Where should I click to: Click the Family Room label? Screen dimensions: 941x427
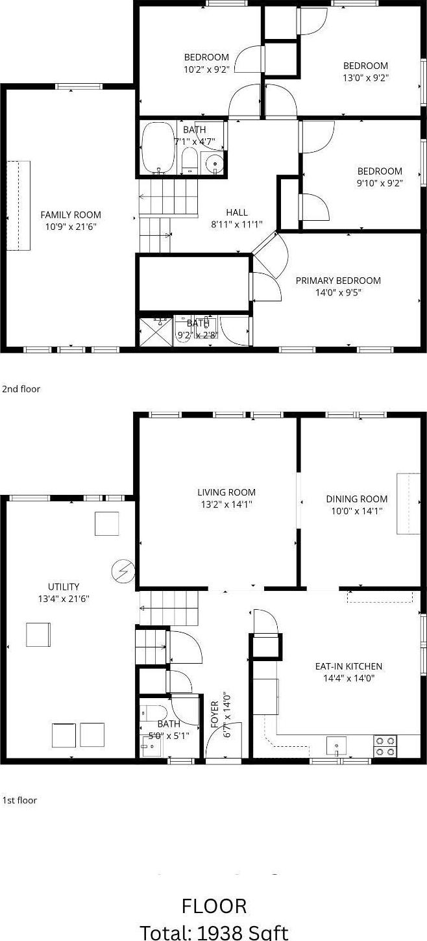point(71,215)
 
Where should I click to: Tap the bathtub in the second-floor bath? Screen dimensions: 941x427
point(158,147)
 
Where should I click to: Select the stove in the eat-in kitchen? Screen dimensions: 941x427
point(385,746)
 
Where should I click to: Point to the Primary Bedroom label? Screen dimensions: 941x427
point(338,281)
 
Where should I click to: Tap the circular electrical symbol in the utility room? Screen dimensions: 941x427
point(122,571)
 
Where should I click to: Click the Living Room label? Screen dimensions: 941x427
point(226,492)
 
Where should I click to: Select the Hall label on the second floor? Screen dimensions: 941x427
point(236,212)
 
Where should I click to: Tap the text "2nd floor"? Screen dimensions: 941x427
point(21,389)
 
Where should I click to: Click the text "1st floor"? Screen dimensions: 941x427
point(19,800)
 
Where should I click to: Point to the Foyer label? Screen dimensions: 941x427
point(215,714)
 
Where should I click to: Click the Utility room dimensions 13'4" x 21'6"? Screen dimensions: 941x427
point(64,599)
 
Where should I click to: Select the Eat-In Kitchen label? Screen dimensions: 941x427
point(348,666)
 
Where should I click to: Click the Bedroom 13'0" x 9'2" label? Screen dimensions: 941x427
point(365,66)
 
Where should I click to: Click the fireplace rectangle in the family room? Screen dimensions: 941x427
point(19,205)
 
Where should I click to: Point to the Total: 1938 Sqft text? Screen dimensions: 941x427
point(214,931)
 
